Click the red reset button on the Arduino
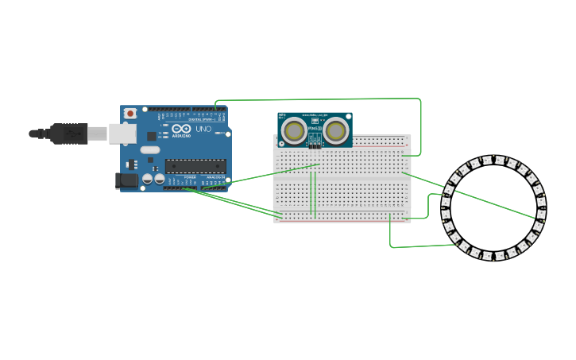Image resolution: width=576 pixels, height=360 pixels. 130,114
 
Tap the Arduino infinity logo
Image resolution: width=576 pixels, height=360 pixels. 181,129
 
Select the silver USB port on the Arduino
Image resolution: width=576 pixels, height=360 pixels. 122,134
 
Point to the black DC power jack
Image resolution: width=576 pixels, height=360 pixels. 126,180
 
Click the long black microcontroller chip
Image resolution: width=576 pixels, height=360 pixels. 195,166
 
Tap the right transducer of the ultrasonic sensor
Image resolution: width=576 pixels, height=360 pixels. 336,131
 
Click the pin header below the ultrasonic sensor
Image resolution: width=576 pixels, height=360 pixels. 315,146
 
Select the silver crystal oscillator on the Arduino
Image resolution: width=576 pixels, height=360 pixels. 149,149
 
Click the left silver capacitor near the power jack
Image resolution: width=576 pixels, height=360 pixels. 148,180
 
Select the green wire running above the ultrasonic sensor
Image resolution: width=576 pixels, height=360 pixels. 318,100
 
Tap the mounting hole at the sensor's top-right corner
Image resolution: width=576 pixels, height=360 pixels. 348,117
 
